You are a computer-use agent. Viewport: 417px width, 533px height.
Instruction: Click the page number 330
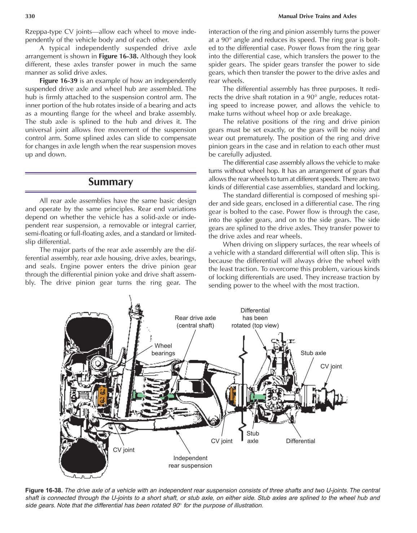(30, 16)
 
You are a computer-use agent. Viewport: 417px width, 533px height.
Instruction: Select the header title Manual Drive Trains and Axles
(317, 16)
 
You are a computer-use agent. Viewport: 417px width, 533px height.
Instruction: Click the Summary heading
(111, 182)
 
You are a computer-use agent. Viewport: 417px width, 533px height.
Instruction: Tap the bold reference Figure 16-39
(58, 81)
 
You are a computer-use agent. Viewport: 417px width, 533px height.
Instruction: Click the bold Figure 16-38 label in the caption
(44, 490)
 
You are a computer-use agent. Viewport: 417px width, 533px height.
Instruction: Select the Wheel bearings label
(163, 349)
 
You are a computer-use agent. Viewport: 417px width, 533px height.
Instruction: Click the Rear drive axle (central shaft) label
(195, 322)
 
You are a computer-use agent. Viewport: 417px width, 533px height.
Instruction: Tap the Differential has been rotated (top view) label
(255, 318)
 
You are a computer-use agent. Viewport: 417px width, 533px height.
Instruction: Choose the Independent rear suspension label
(190, 462)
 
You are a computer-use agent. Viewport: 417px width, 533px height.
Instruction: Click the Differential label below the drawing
(300, 441)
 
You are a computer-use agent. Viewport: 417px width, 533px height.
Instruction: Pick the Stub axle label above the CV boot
(313, 353)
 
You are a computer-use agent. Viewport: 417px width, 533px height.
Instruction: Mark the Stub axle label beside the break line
(253, 437)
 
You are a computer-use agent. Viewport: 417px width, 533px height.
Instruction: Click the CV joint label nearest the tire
(123, 450)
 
